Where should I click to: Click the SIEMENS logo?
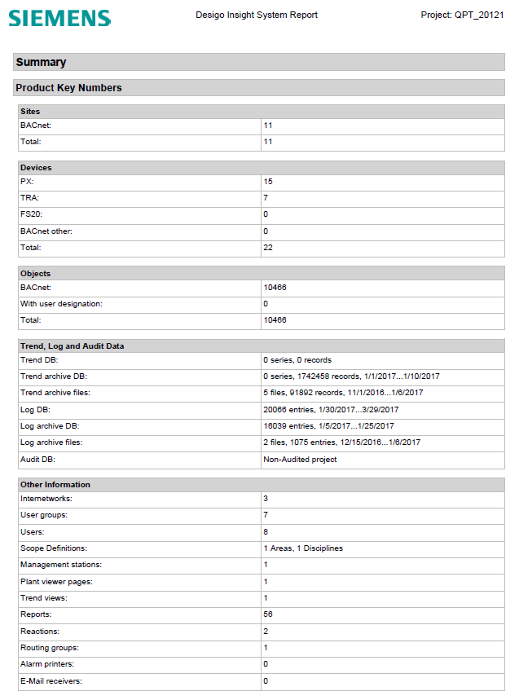(x=60, y=17)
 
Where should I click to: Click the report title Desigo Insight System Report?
(x=257, y=15)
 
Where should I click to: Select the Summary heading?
(x=41, y=62)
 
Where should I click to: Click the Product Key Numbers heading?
(x=68, y=87)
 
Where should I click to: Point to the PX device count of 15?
(x=268, y=181)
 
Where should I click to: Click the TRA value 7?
(x=266, y=198)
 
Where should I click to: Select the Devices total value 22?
(x=268, y=247)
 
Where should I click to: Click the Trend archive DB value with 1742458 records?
(x=351, y=376)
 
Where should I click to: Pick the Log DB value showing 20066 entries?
(x=331, y=409)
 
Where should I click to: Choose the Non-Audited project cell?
(x=300, y=459)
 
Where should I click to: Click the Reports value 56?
(x=268, y=614)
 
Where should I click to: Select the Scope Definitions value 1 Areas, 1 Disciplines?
(x=303, y=548)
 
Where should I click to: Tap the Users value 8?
(x=266, y=531)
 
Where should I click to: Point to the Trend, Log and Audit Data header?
(x=72, y=346)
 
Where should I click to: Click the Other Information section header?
(x=55, y=484)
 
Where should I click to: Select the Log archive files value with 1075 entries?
(x=342, y=442)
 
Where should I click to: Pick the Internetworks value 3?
(x=266, y=497)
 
